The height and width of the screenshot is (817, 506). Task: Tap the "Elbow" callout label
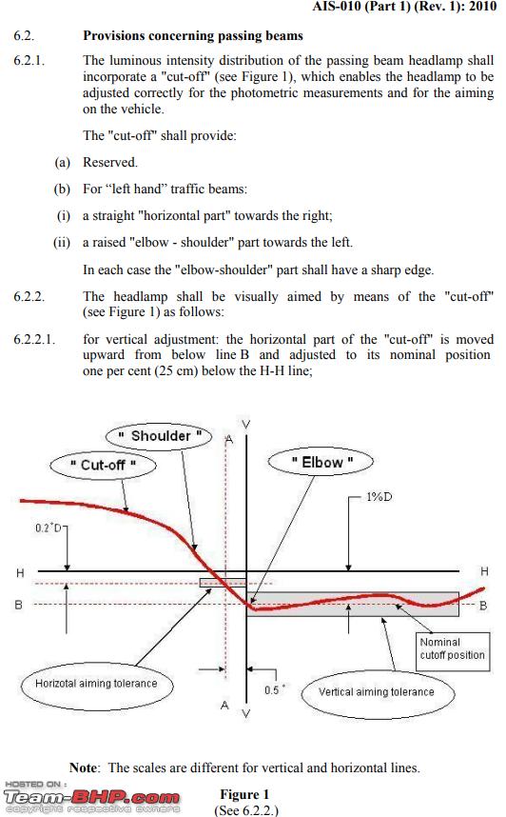tap(321, 462)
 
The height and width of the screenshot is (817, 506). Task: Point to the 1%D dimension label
tap(379, 496)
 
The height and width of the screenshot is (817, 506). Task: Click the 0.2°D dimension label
tap(48, 528)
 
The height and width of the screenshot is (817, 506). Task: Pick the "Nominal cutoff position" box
tap(453, 649)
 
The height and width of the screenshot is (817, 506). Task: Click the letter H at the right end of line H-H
tap(485, 571)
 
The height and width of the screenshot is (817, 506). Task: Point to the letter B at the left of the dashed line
tap(19, 605)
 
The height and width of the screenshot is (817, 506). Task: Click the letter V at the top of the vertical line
tap(246, 424)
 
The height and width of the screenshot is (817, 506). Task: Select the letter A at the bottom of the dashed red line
tap(224, 705)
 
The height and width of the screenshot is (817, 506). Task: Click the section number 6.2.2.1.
tap(34, 340)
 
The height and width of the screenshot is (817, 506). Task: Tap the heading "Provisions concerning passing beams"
tap(193, 35)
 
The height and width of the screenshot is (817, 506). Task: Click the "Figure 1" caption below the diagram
tap(244, 794)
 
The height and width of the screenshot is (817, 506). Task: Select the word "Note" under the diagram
tap(84, 767)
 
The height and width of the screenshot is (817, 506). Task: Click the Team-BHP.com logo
tap(91, 797)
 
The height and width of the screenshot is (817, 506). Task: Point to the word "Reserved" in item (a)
tap(109, 162)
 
